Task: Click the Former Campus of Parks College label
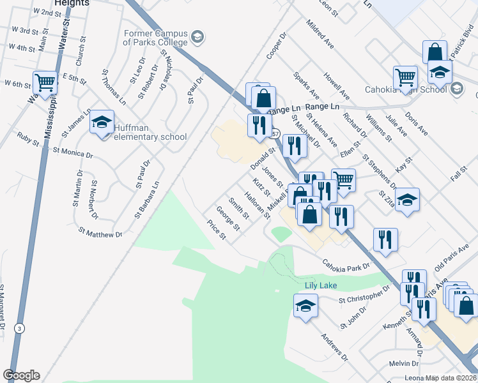155,38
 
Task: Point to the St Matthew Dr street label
100,232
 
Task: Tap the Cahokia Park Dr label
346,264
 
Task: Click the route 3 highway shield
20,328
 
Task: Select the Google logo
22,375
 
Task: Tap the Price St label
217,231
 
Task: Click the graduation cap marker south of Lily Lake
305,306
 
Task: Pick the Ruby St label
28,137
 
